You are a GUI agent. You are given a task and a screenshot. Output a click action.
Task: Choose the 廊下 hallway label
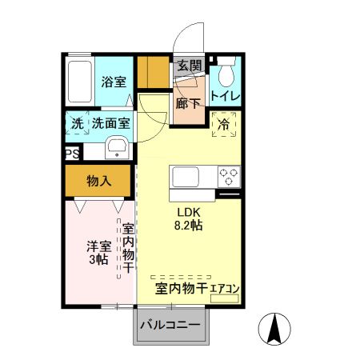pyautogui.click(x=189, y=103)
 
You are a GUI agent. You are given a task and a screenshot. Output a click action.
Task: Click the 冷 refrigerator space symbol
pyautogui.click(x=223, y=124)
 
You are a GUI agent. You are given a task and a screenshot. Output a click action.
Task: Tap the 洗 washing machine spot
pyautogui.click(x=77, y=124)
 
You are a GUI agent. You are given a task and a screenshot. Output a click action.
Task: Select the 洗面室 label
pyautogui.click(x=110, y=124)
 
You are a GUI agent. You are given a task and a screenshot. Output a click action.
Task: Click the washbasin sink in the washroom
pyautogui.click(x=117, y=147)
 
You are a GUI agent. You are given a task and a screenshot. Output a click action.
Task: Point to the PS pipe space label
pyautogui.click(x=72, y=154)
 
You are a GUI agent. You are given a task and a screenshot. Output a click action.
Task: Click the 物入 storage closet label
pyautogui.click(x=98, y=182)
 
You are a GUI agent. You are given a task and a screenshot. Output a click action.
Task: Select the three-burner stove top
pyautogui.click(x=228, y=176)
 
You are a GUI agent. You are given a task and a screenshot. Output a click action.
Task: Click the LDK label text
pyautogui.click(x=189, y=212)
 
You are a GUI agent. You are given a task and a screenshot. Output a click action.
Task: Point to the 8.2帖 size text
pyautogui.click(x=189, y=226)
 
